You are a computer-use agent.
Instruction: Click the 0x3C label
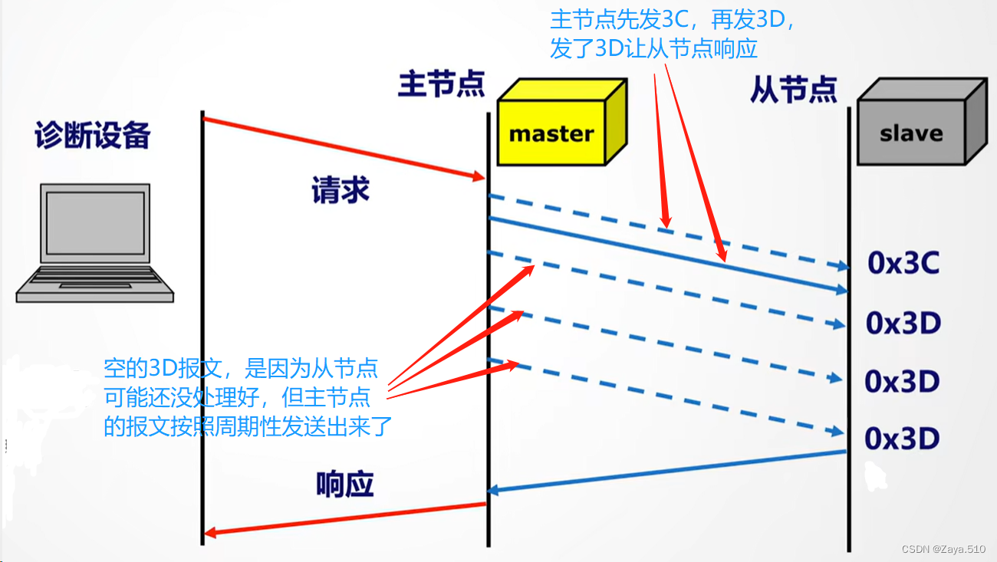pyautogui.click(x=903, y=264)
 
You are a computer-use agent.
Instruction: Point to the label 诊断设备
pyautogui.click(x=92, y=136)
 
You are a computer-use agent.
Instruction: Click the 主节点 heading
pyautogui.click(x=441, y=84)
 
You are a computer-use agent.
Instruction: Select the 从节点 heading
pyautogui.click(x=793, y=90)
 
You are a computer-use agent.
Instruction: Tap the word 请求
pyautogui.click(x=340, y=190)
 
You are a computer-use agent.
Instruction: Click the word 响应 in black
pyautogui.click(x=344, y=485)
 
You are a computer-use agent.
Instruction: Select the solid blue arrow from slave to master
pyautogui.click(x=667, y=471)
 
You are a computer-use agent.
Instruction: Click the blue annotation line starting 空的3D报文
pyautogui.click(x=241, y=369)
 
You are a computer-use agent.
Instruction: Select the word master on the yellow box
pyautogui.click(x=551, y=134)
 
